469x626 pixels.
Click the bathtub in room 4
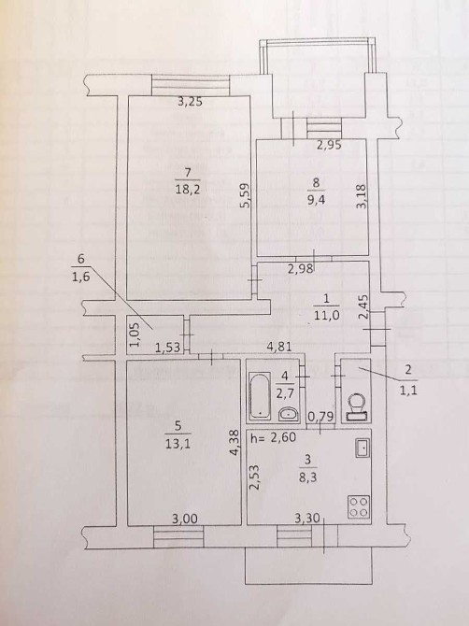click(259, 395)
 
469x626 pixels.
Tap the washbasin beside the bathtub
click(288, 415)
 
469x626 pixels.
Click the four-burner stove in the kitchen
click(358, 506)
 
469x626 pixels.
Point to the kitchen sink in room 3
click(362, 448)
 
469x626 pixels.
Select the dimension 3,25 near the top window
click(190, 102)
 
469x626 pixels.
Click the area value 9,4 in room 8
click(316, 199)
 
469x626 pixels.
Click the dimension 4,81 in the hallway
click(279, 346)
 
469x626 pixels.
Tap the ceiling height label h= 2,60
click(274, 437)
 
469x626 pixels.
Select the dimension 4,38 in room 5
click(234, 442)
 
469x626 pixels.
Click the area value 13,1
click(178, 444)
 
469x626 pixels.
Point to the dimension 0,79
click(320, 417)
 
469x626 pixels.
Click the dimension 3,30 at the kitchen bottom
click(307, 519)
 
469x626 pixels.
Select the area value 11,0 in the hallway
click(326, 315)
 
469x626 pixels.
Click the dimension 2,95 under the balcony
click(329, 145)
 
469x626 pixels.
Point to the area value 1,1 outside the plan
click(407, 391)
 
